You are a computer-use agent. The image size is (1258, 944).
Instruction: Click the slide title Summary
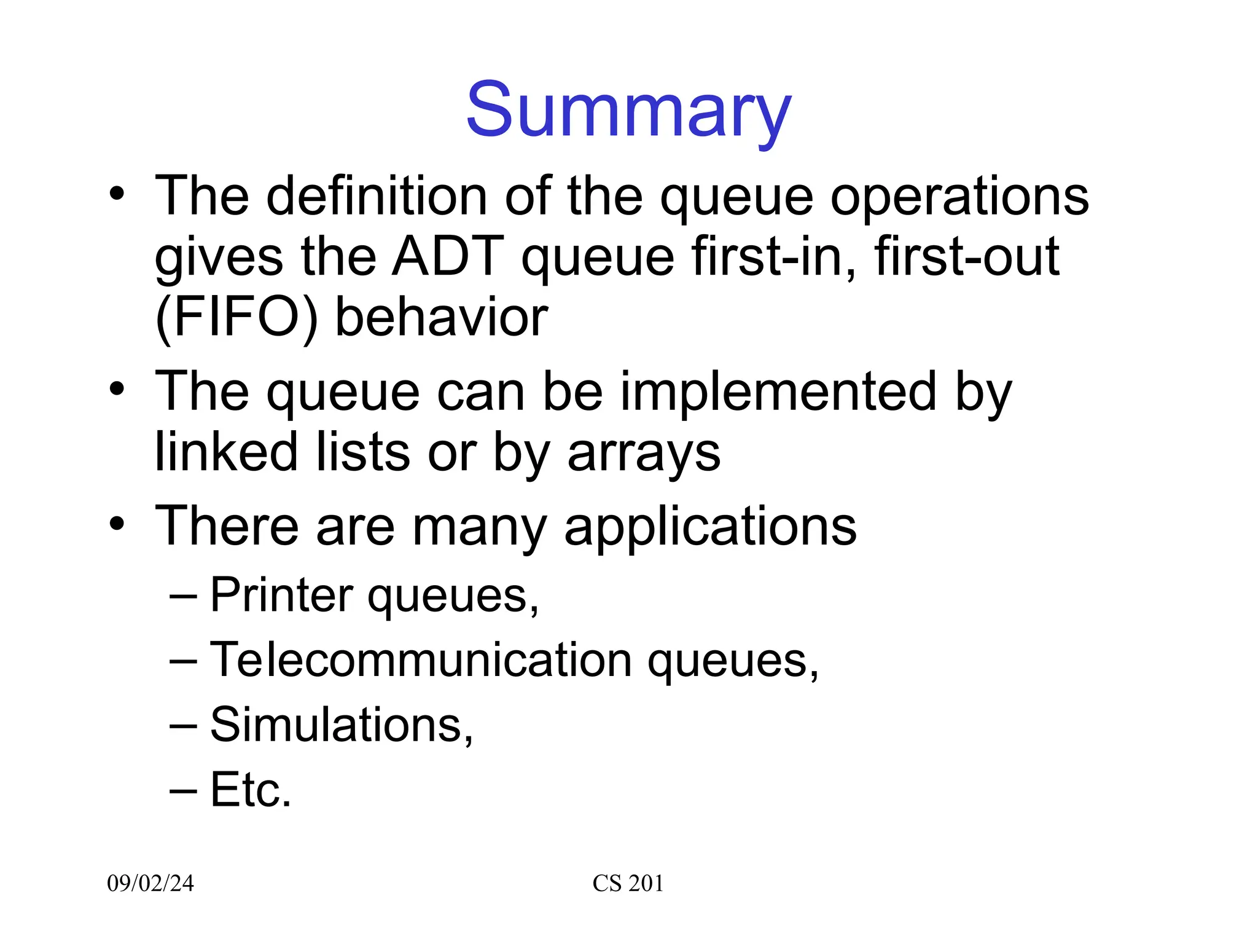628,111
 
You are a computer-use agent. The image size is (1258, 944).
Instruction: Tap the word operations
959,197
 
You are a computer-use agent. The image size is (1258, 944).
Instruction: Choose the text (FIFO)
236,318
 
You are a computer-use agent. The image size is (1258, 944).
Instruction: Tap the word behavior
442,318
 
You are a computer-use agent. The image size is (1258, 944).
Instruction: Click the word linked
226,452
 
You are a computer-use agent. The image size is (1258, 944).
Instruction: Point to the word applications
710,527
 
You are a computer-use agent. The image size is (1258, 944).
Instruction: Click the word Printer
281,594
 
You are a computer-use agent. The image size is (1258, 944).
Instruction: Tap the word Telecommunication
421,659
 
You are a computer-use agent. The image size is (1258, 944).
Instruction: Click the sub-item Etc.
250,790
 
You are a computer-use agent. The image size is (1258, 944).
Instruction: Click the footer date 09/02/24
150,883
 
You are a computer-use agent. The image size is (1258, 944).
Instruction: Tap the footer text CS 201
628,883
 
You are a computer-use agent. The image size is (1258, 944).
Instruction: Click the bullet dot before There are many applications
117,524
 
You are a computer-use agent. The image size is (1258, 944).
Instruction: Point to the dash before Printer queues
182,596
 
